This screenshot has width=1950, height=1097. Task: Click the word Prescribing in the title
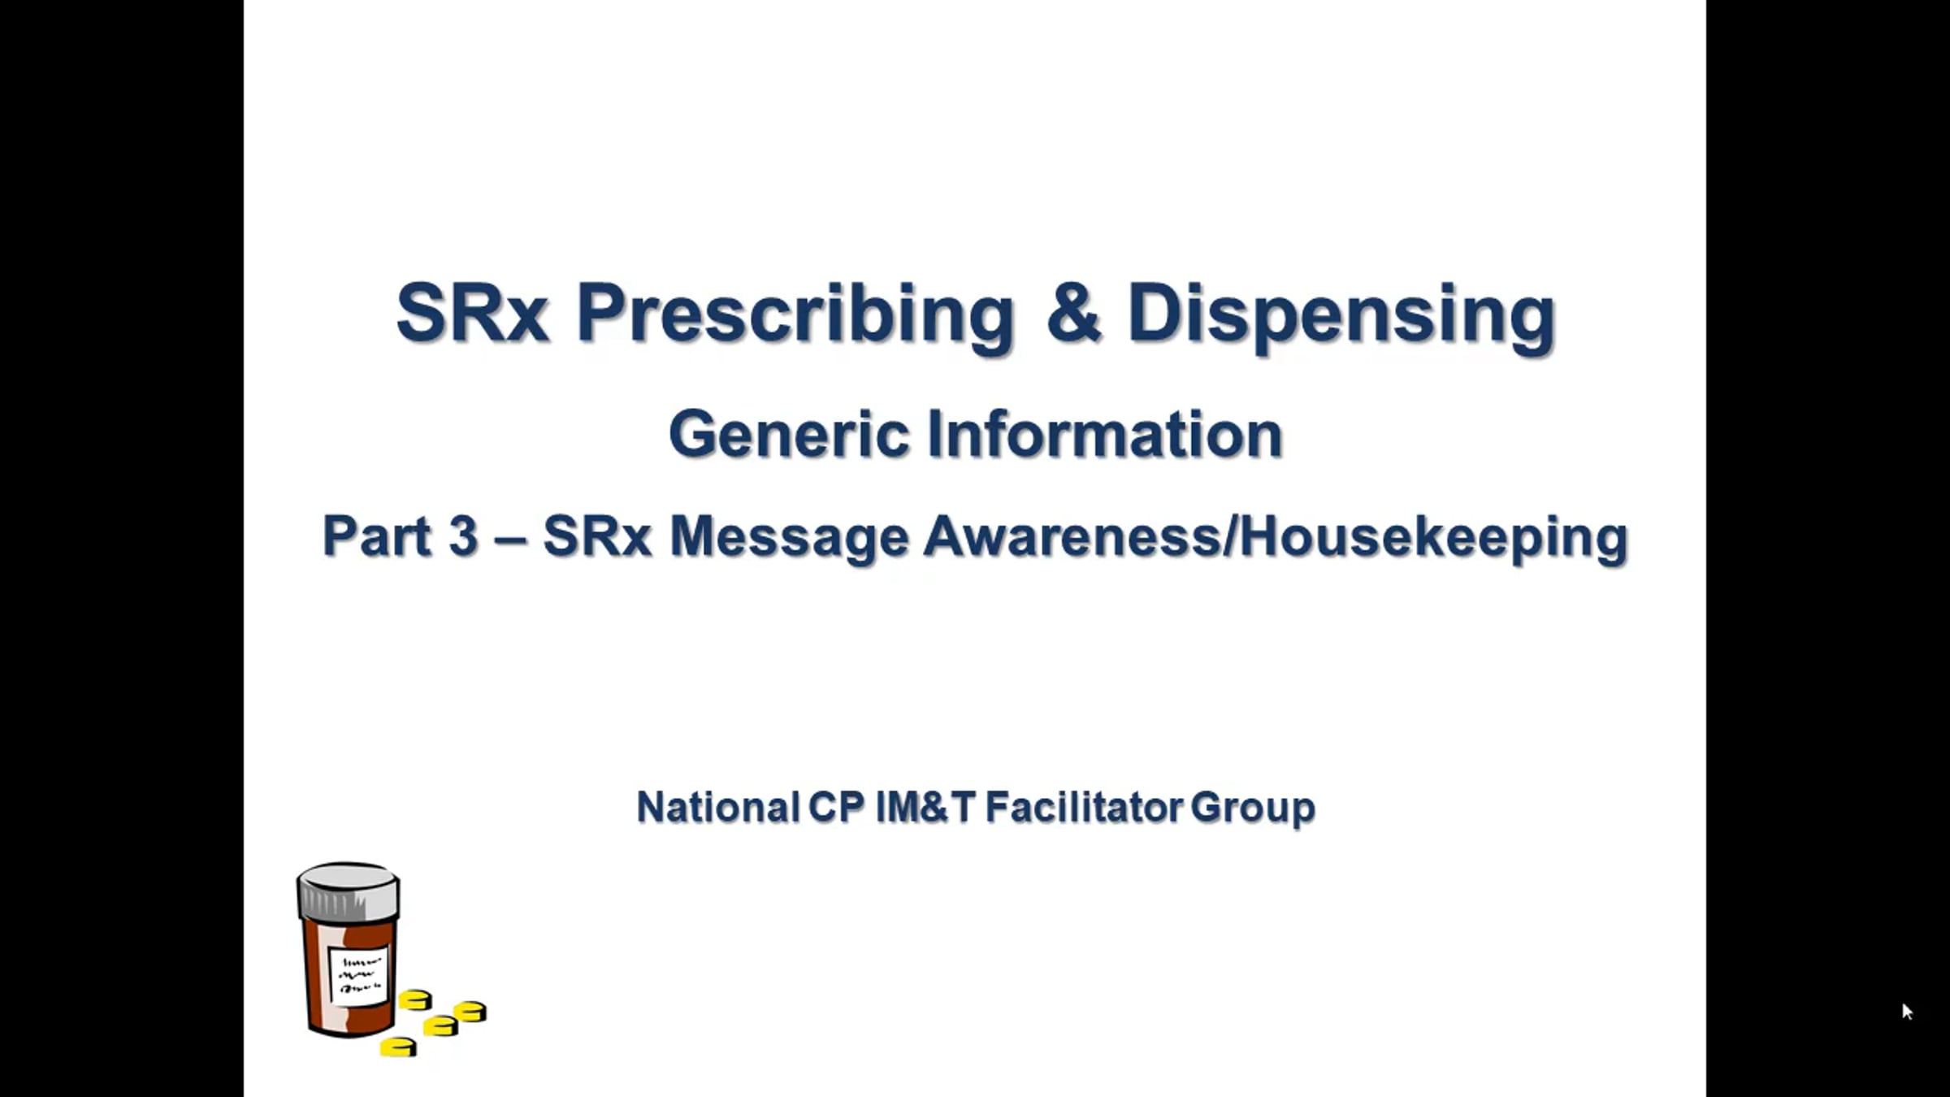pyautogui.click(x=795, y=315)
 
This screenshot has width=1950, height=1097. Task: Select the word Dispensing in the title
pyautogui.click(x=1341, y=315)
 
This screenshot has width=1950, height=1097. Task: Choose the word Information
pyautogui.click(x=1105, y=434)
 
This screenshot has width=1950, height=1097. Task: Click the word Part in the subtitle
pyautogui.click(x=376, y=536)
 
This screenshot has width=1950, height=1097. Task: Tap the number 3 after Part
pyautogui.click(x=463, y=536)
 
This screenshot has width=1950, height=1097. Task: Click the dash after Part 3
pyautogui.click(x=509, y=539)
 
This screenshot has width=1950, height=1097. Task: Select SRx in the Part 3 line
pyautogui.click(x=597, y=536)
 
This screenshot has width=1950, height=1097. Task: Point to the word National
pyautogui.click(x=718, y=807)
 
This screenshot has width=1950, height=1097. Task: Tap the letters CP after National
pyautogui.click(x=836, y=807)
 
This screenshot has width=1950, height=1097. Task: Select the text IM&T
pyautogui.click(x=925, y=807)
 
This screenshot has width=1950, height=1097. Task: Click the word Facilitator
pyautogui.click(x=1085, y=807)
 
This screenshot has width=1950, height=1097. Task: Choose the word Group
pyautogui.click(x=1253, y=809)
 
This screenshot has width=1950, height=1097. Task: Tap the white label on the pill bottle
pyautogui.click(x=358, y=975)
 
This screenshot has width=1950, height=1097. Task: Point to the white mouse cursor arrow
pyautogui.click(x=1907, y=1011)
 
